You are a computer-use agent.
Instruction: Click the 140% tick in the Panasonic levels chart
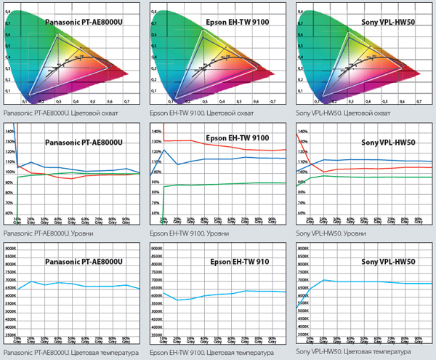click(9, 131)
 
